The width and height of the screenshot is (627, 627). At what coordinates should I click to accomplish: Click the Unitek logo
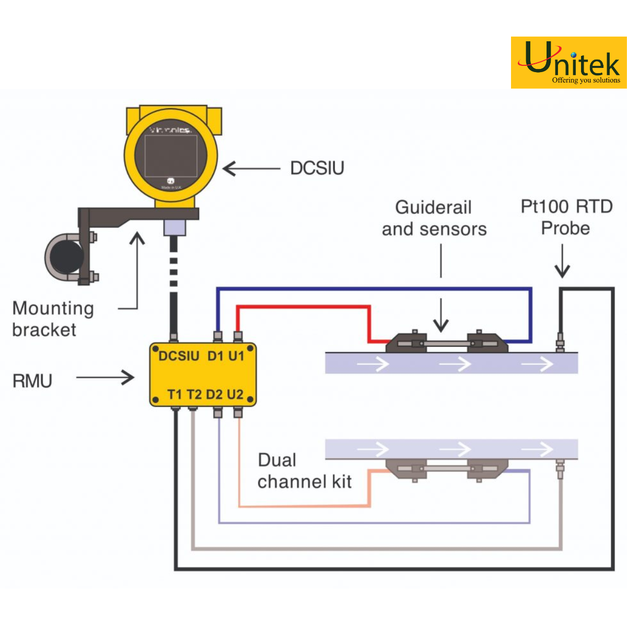click(x=568, y=63)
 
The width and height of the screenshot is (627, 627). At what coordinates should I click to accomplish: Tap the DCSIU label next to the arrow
click(x=317, y=168)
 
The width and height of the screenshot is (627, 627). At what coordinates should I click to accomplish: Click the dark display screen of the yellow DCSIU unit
click(x=170, y=155)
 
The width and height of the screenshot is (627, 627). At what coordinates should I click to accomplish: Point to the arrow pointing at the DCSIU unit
click(x=251, y=169)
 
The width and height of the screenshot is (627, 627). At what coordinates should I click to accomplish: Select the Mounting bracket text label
click(x=53, y=319)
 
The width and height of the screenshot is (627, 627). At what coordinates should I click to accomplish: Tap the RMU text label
click(x=32, y=381)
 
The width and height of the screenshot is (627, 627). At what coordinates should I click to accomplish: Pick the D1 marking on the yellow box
click(x=215, y=356)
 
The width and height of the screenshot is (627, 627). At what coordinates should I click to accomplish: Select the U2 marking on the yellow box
click(x=235, y=394)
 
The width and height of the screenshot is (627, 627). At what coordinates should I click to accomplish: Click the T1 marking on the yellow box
click(x=175, y=394)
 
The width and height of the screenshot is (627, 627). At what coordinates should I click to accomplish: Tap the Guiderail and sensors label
click(x=434, y=218)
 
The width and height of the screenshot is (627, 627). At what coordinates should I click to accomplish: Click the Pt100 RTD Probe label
click(x=566, y=217)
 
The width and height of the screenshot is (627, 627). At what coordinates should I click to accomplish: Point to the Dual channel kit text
click(x=304, y=471)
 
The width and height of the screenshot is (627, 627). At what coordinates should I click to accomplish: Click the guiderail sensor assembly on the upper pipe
click(x=447, y=343)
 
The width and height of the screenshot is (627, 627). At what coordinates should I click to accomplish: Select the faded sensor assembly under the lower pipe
click(x=447, y=469)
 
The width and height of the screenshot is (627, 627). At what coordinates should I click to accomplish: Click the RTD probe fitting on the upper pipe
click(x=560, y=342)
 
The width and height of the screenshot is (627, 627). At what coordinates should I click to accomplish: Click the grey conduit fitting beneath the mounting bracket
click(x=174, y=227)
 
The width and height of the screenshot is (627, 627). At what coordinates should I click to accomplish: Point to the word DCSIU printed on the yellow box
click(x=179, y=356)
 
